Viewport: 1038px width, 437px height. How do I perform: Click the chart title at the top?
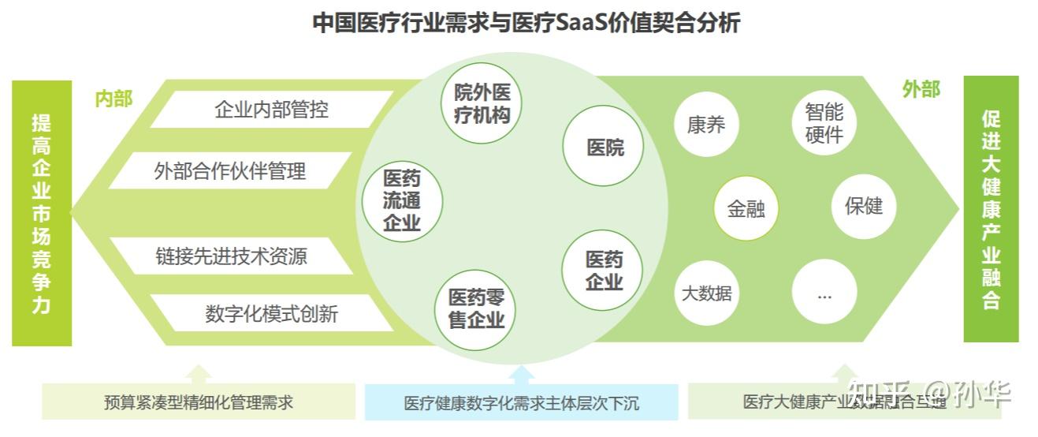526,23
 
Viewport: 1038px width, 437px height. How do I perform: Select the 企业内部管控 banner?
271,110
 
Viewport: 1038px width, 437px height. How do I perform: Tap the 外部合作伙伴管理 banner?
230,171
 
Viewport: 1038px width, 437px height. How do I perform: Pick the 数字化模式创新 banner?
271,314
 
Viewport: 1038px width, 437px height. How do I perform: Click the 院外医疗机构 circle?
482,104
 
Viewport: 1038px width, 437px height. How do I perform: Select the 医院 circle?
605,147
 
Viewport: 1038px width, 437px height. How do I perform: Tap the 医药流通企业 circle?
402,200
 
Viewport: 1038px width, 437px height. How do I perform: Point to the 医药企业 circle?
604,270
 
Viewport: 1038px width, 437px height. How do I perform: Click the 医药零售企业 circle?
475,308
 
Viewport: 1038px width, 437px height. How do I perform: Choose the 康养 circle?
706,125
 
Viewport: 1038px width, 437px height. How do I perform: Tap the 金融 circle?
746,209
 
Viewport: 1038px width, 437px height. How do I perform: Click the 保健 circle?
864,206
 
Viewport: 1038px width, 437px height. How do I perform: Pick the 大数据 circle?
707,293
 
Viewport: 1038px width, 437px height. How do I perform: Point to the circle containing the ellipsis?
824,293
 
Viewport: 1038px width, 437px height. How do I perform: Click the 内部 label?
113,99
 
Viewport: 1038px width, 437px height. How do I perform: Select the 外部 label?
921,90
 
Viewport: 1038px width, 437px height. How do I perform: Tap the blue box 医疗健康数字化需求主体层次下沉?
521,403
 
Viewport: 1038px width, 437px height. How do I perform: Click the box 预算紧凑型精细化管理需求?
199,402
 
